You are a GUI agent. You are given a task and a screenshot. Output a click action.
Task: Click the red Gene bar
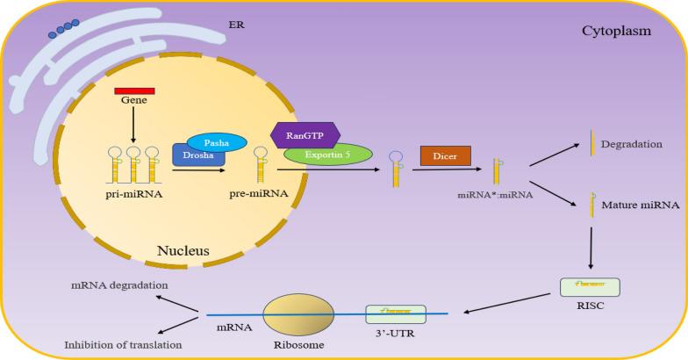pos(135,90)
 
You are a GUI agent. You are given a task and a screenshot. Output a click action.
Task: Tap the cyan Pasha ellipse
pos(215,142)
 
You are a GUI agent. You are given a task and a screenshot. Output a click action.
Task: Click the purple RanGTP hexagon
pos(306,135)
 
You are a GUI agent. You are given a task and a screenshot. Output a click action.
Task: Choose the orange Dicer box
pos(446,155)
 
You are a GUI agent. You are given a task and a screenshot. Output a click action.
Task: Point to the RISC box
pos(589,287)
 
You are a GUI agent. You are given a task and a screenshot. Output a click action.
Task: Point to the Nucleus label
pos(183,251)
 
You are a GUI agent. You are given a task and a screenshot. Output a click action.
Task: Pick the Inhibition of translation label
pos(123,345)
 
